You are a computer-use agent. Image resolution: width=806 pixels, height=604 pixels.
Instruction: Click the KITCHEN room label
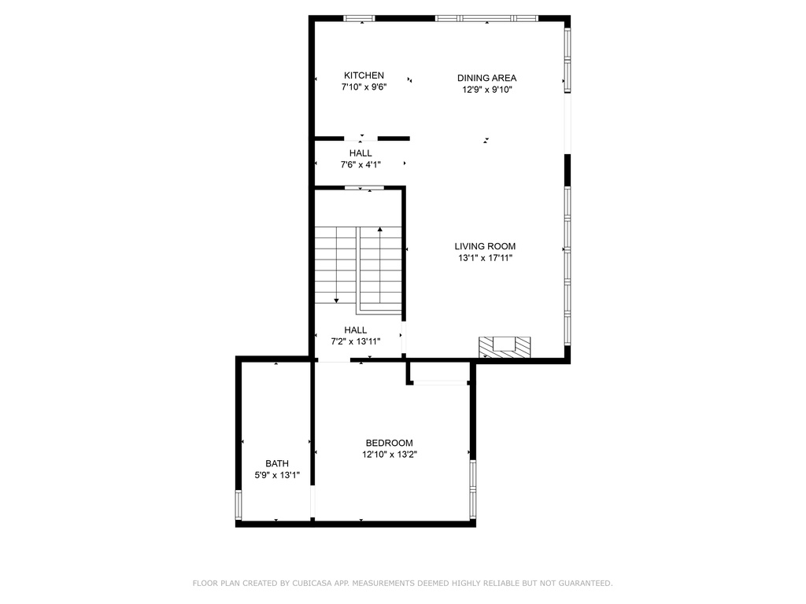(364, 75)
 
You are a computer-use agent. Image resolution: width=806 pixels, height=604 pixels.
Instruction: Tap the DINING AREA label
(486, 78)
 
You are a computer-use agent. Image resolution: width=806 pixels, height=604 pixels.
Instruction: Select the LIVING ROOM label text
(485, 246)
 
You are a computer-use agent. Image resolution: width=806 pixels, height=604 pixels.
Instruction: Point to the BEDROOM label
(389, 443)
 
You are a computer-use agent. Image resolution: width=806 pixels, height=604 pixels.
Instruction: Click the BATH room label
(277, 463)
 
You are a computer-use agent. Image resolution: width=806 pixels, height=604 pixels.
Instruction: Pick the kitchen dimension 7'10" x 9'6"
(364, 87)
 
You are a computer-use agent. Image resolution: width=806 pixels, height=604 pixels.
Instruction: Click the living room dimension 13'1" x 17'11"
(485, 258)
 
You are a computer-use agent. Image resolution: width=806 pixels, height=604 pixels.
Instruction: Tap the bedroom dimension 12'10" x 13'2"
(389, 454)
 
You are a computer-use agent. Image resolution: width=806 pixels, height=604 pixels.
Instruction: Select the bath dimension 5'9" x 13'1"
(277, 475)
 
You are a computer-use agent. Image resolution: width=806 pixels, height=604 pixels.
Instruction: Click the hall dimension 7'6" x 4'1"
(360, 164)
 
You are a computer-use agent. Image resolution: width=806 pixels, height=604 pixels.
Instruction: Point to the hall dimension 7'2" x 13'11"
(356, 341)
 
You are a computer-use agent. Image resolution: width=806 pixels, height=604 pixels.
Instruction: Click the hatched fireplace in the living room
(505, 347)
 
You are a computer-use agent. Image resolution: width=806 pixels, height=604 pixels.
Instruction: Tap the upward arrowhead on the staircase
(380, 230)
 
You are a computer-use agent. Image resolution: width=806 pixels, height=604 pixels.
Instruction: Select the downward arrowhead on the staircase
(336, 300)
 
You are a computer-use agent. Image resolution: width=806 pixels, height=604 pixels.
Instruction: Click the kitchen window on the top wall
(359, 19)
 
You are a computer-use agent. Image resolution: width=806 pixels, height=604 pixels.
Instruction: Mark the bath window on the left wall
(238, 504)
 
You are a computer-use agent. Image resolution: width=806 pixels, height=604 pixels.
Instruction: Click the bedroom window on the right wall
(472, 484)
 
